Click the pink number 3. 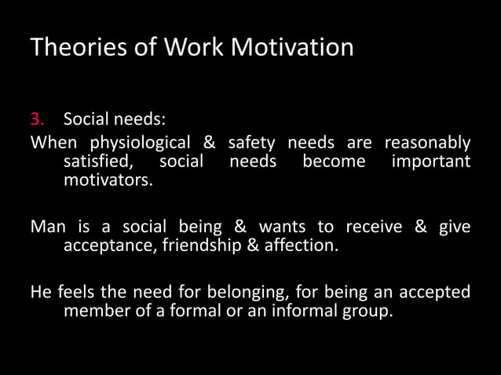pos(36,120)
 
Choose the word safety pos(251,143)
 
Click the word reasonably pos(426,143)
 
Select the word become pos(334,162)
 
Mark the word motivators pos(108,181)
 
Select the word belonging pos(251,292)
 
